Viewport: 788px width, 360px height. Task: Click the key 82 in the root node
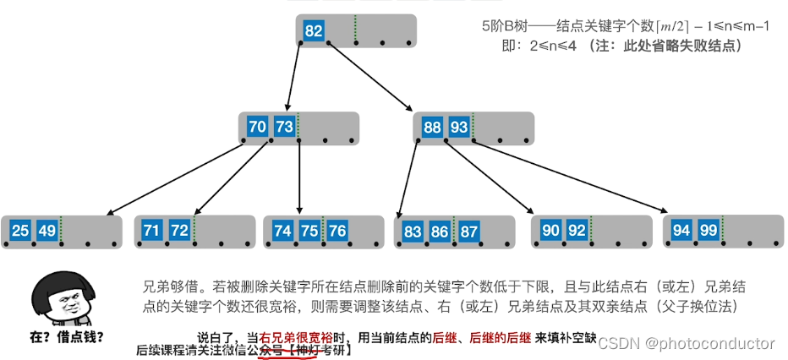314,31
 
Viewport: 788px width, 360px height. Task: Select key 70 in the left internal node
258,127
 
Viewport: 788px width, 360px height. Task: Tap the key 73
284,127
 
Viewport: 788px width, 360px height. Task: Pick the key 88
432,127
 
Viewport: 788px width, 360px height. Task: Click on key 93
459,127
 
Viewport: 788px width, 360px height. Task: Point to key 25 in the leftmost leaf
21,230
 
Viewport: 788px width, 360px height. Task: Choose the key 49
47,230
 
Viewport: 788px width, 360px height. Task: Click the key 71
152,230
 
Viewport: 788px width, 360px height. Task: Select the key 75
309,230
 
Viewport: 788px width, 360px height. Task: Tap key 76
337,230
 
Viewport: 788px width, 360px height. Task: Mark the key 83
413,230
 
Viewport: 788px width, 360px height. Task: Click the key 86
441,230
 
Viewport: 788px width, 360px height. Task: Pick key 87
469,230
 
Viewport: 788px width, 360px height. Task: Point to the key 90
550,230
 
